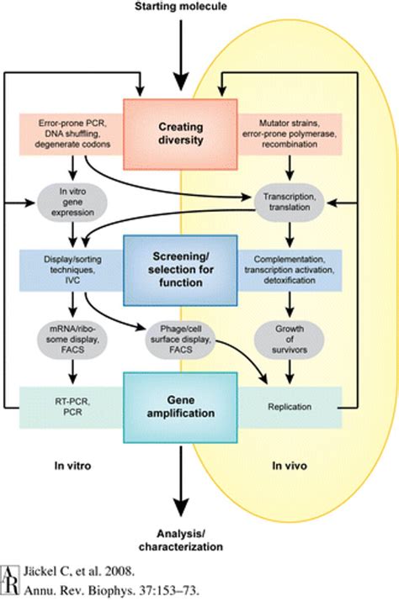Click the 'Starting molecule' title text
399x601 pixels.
pyautogui.click(x=178, y=8)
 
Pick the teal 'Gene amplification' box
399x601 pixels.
pyautogui.click(x=178, y=407)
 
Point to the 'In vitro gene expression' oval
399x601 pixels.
pyautogui.click(x=70, y=203)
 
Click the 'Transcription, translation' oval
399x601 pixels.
pyautogui.click(x=289, y=203)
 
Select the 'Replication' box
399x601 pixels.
pyautogui.click(x=289, y=407)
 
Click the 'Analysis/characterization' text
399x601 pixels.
pyautogui.click(x=178, y=540)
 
